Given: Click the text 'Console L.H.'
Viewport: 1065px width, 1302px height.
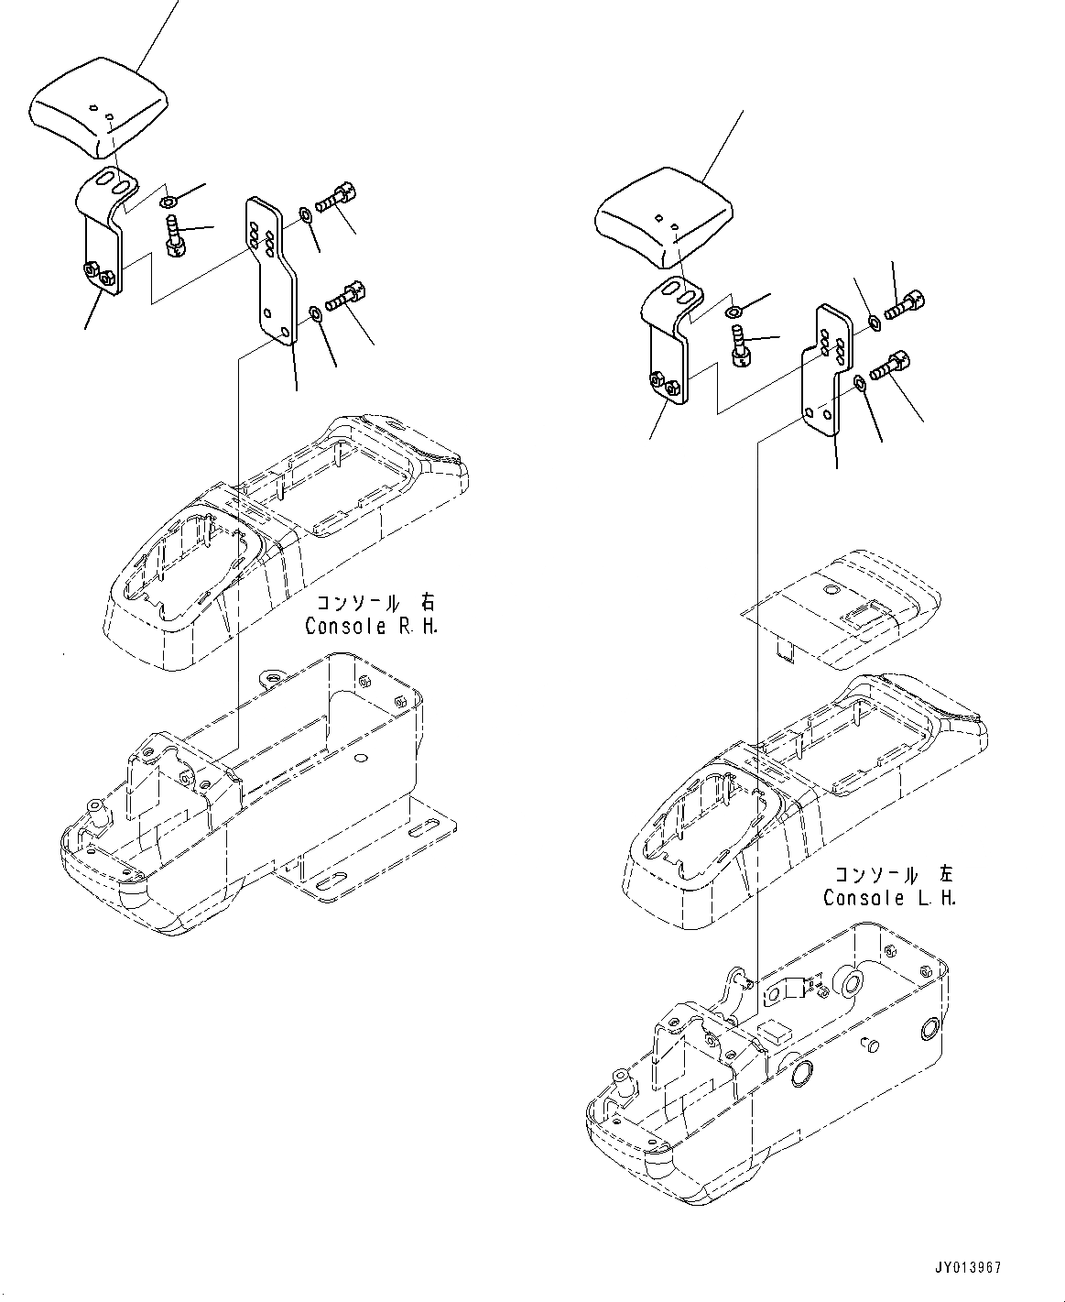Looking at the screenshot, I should coord(889,898).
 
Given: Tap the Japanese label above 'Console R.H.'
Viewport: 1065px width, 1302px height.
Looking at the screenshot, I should coord(375,604).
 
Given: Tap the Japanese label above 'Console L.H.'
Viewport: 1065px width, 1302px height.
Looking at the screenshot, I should coord(893,874).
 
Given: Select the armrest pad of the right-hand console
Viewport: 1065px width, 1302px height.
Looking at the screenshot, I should coord(99,110).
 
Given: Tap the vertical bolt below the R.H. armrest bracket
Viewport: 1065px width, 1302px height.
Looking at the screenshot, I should coord(173,231).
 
